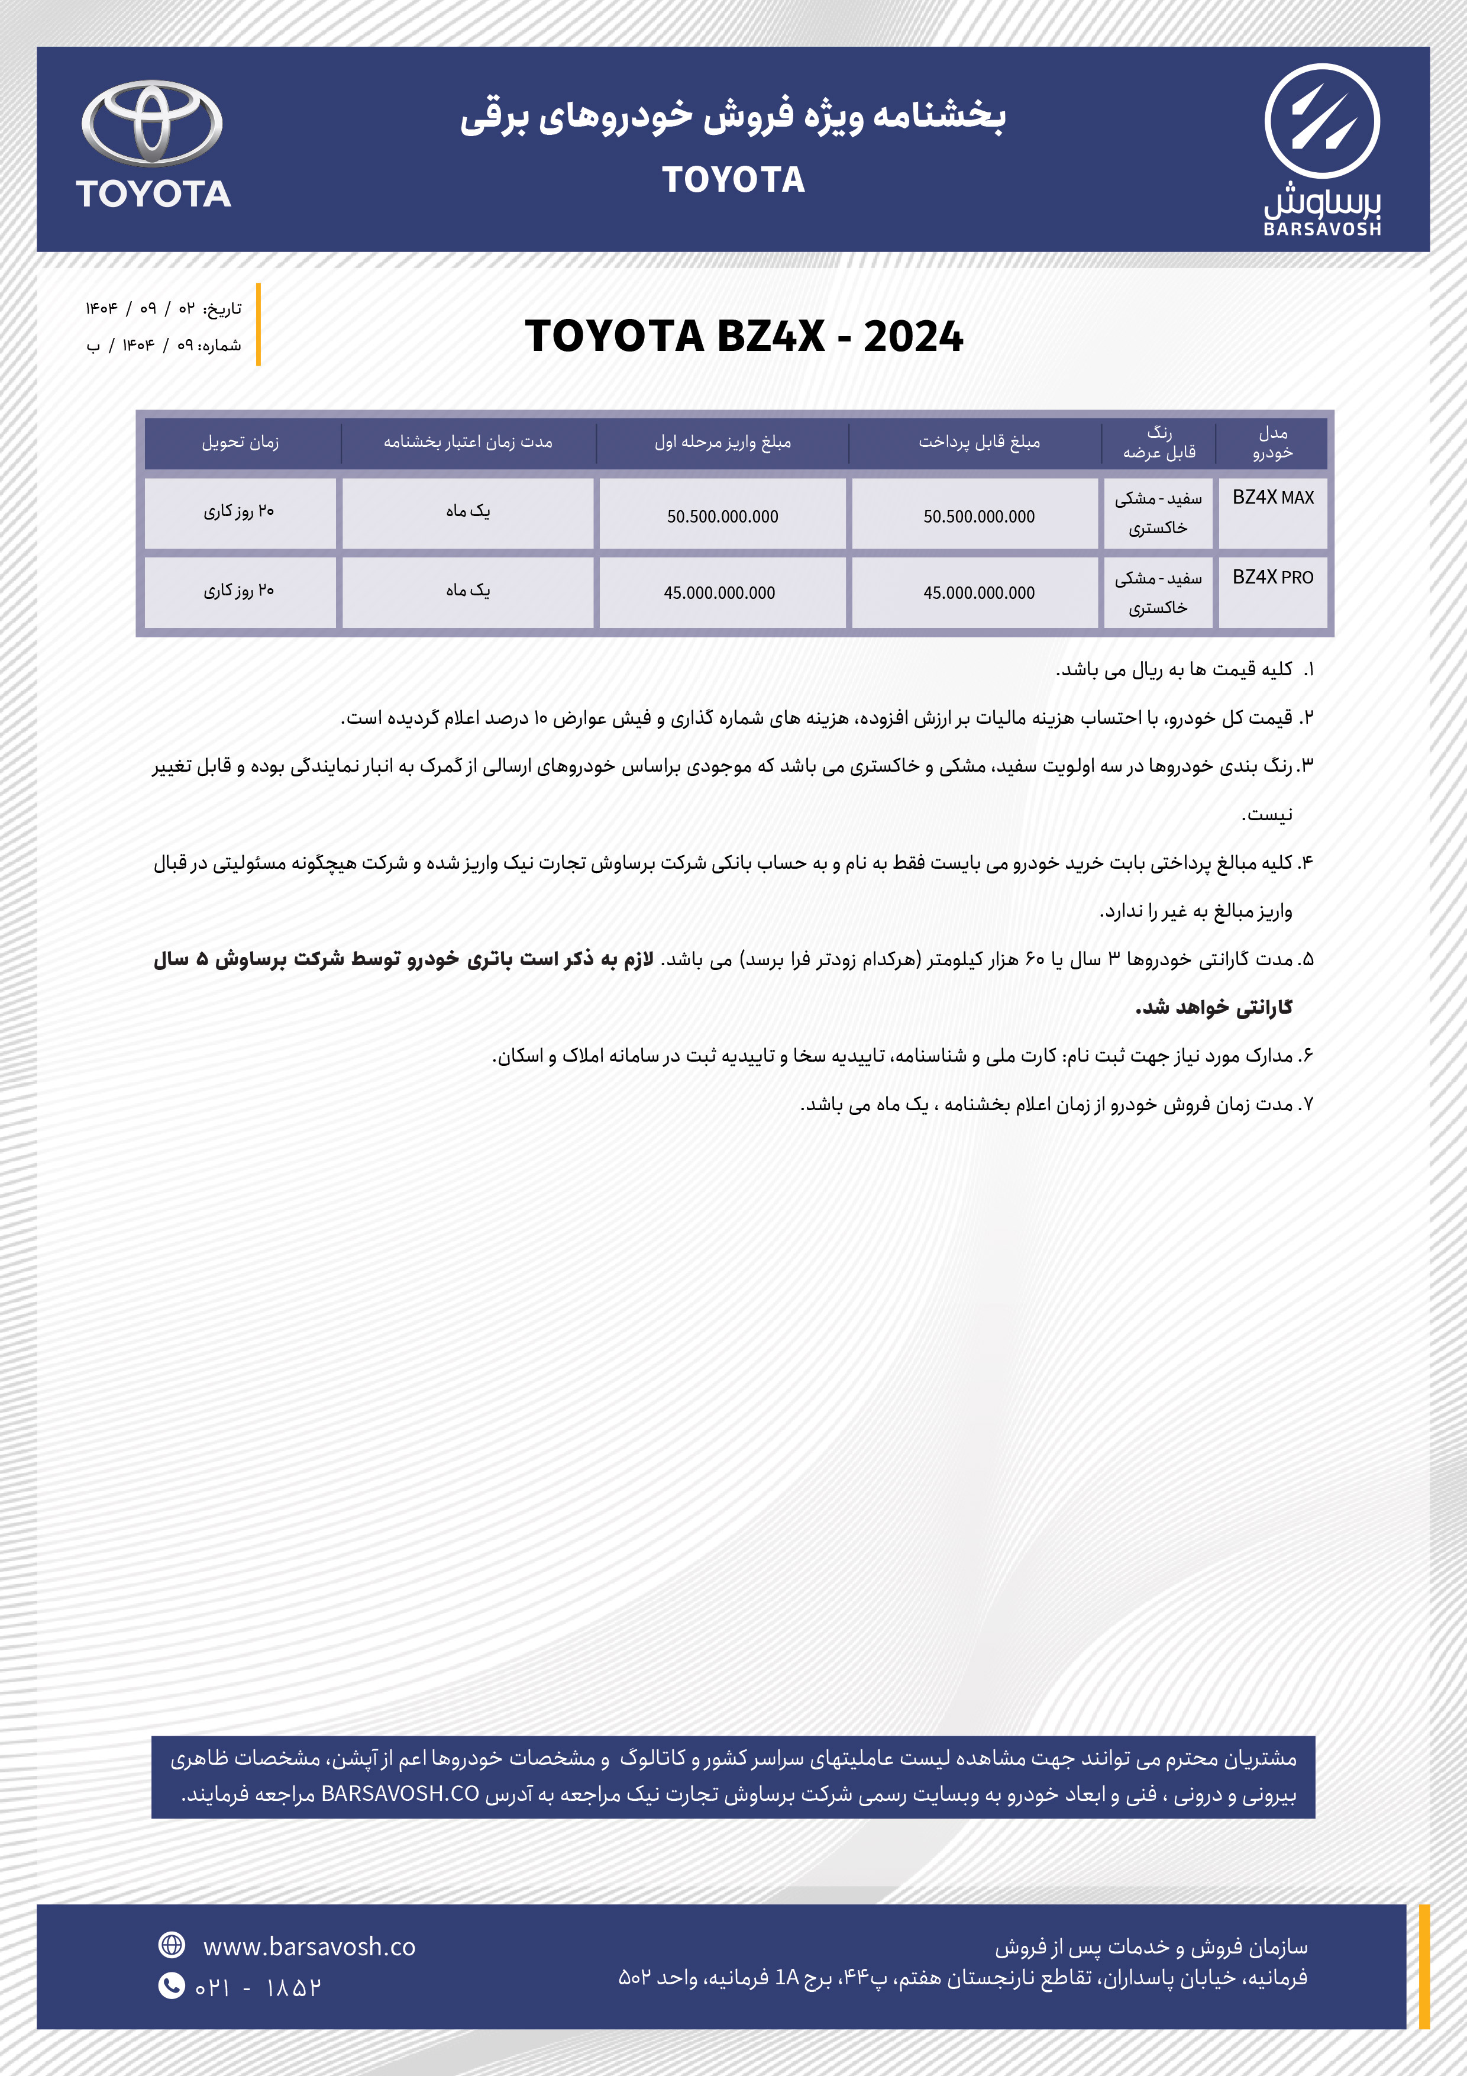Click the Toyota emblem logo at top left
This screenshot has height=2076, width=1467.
(x=152, y=124)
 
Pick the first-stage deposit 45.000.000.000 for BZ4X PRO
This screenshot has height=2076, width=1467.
(x=719, y=593)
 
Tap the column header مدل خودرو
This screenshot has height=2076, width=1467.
(x=1272, y=442)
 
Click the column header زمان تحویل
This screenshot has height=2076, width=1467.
(x=240, y=442)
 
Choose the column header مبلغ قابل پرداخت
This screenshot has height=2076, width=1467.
(x=979, y=442)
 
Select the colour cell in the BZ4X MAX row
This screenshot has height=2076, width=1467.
(x=1158, y=512)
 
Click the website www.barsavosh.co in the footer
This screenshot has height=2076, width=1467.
(x=309, y=1947)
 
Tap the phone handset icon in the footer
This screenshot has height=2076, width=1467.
(x=171, y=1985)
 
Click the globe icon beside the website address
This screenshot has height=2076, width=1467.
(x=171, y=1945)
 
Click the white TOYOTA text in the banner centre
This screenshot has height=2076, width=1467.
(x=733, y=180)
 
